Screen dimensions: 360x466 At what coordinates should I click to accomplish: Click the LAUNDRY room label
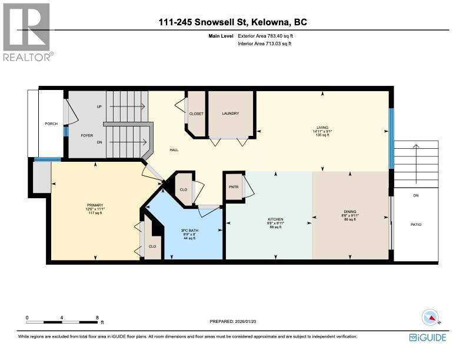pos(230,114)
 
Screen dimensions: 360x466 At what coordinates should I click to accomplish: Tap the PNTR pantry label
pos(233,186)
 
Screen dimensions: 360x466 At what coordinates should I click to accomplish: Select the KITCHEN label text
pos(276,219)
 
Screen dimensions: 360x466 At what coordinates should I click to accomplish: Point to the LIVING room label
pos(322,126)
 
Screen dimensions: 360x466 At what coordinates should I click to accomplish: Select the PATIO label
pos(416,224)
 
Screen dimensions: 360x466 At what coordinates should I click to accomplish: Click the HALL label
pos(174,150)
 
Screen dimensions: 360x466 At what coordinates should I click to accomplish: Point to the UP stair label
pos(99,107)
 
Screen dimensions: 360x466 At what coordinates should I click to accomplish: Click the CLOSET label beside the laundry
pos(196,114)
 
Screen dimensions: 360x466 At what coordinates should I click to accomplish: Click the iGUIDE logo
pos(428,338)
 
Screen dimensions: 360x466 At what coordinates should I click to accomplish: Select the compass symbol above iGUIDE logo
pos(432,317)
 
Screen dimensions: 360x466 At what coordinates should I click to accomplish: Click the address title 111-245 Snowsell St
pos(233,23)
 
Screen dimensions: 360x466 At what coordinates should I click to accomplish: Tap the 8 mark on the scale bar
pos(98,317)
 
